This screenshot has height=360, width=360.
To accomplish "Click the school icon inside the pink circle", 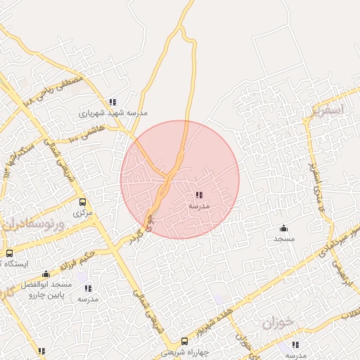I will [199, 195].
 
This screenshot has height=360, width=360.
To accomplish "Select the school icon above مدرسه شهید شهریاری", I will [112, 102].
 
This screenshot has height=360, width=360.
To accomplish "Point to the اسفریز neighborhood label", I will [327, 110].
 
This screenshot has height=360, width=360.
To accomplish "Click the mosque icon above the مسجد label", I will [283, 228].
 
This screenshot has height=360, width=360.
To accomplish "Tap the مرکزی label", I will [84, 212].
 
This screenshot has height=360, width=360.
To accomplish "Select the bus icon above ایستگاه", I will [9, 253].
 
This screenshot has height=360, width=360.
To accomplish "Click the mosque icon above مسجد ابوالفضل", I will [46, 274].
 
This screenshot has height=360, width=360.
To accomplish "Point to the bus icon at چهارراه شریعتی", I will [184, 341].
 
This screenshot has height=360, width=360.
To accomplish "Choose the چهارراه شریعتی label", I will [184, 352].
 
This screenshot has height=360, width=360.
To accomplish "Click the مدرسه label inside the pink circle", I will [199, 206].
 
